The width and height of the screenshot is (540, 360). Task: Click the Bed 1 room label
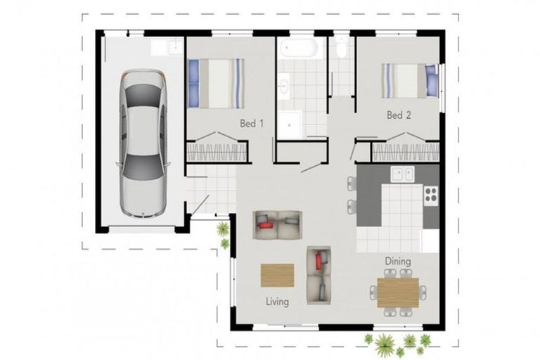pyautogui.click(x=251, y=124)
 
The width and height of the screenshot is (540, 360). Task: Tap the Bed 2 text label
pyautogui.click(x=398, y=115)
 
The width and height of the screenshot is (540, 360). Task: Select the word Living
pyautogui.click(x=277, y=302)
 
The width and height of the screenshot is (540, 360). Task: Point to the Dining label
pyautogui.click(x=397, y=262)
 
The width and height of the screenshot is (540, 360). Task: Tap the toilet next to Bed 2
pyautogui.click(x=342, y=48)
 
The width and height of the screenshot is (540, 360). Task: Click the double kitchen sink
pyautogui.click(x=401, y=174)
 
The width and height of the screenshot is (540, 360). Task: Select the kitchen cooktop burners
pyautogui.click(x=430, y=194)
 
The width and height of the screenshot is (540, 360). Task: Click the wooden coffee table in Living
pyautogui.click(x=277, y=274)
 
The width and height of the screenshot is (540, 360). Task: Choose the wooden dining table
pyautogui.click(x=398, y=292)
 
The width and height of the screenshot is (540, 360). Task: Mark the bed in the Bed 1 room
pyautogui.click(x=216, y=83)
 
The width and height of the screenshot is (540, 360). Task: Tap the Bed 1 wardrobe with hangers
pyautogui.click(x=217, y=152)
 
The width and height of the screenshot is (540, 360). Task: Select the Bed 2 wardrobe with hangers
pyautogui.click(x=404, y=152)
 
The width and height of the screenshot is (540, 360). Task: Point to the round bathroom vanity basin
pyautogui.click(x=283, y=86)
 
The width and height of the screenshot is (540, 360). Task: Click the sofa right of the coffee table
pyautogui.click(x=319, y=271)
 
